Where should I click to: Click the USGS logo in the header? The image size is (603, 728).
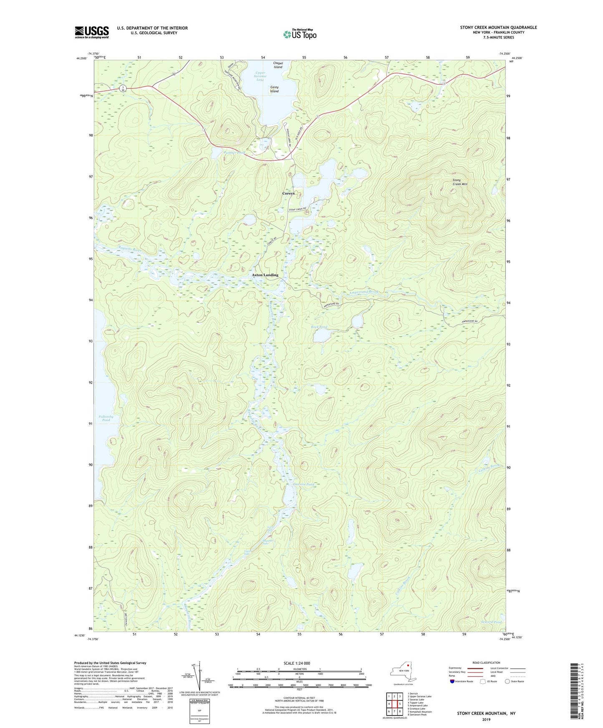[x=92, y=32]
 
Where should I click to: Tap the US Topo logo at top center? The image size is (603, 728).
[x=299, y=34]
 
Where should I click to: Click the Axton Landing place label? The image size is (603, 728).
[x=265, y=275]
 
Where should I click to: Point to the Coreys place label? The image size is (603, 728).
[x=288, y=193]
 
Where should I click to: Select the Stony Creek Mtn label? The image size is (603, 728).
[x=460, y=182]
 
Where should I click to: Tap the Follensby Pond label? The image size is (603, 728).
[x=106, y=418]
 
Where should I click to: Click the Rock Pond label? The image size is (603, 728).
[x=319, y=327]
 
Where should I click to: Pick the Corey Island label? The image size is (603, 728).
[x=274, y=89]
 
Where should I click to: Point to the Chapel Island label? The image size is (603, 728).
[x=278, y=65]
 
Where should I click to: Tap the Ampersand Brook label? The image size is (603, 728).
[x=364, y=292]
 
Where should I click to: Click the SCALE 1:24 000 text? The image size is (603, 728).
[x=297, y=663]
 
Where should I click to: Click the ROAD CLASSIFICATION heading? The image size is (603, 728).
[x=486, y=663]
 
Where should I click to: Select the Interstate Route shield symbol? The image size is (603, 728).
[x=453, y=681]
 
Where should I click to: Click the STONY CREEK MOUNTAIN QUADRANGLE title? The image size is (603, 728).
[x=498, y=28]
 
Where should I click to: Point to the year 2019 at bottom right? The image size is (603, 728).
[x=486, y=719]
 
